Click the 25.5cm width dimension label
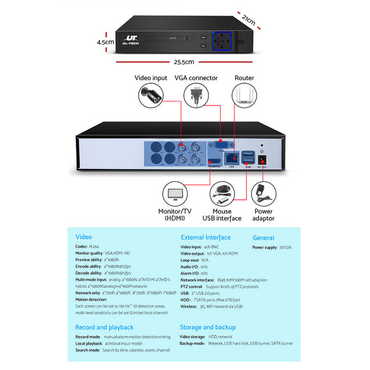click(x=184, y=62)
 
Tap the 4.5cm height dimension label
click(x=105, y=42)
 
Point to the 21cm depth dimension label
click(x=249, y=20)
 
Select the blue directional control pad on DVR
click(x=221, y=41)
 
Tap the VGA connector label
click(x=196, y=78)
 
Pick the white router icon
click(x=244, y=96)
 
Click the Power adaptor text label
click(x=263, y=215)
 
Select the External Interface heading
click(x=205, y=237)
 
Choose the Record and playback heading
click(x=104, y=327)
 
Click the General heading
click(x=263, y=237)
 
